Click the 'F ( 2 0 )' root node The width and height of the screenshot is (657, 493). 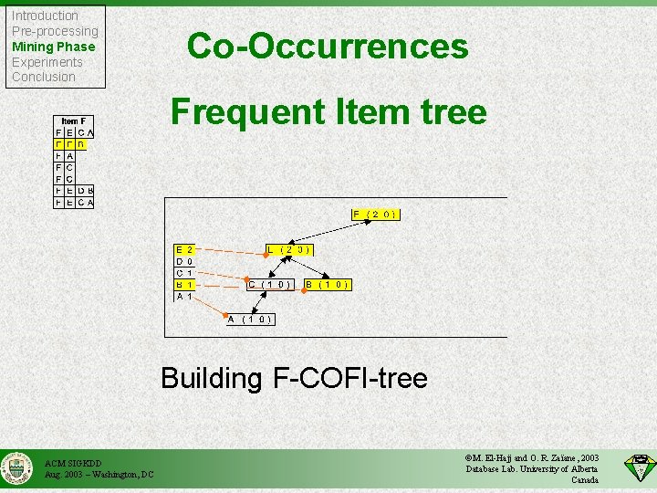coord(377,215)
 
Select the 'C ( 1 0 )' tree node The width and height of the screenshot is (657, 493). coord(271,284)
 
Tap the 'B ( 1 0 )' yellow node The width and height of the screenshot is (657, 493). coord(328,284)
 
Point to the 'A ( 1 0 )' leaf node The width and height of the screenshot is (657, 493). coord(251,319)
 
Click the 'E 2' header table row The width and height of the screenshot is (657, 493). coord(184,248)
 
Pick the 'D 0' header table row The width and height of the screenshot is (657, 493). coord(184,260)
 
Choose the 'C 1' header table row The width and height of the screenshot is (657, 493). coord(184,272)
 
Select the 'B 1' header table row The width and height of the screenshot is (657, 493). coord(184,284)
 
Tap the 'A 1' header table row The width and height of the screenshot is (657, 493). coord(184,296)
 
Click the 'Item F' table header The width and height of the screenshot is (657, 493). coord(74,121)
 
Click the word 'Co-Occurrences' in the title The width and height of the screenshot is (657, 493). coord(328,46)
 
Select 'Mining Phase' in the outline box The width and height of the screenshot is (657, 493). coord(53,47)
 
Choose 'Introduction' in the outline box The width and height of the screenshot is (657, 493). coord(45,16)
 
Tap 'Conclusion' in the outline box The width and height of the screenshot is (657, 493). coord(43,77)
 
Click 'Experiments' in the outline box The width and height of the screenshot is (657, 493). coord(47,62)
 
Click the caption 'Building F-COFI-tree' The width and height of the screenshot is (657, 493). coord(294,377)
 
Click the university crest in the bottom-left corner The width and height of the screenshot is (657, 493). coord(16,469)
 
